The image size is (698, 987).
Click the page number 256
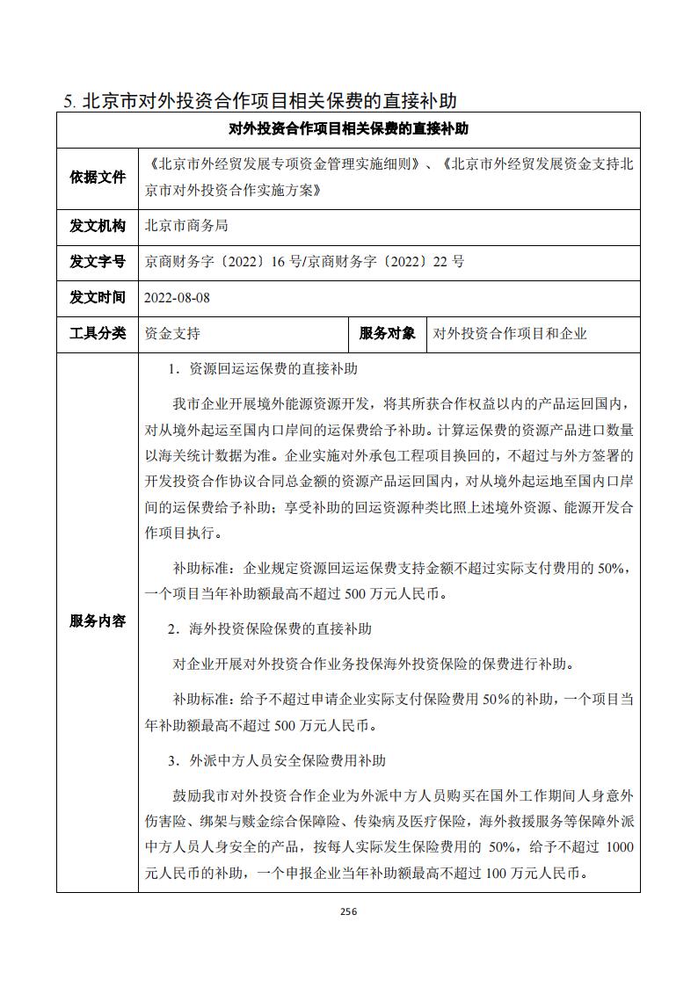[x=349, y=911]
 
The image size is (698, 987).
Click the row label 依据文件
[x=98, y=177]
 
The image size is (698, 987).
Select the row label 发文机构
[x=98, y=226]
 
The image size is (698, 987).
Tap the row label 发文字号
[x=98, y=261]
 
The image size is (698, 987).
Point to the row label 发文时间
[x=98, y=297]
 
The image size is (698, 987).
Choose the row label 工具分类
[x=98, y=333]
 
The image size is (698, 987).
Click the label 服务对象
[x=388, y=333]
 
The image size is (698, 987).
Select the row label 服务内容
[x=98, y=621]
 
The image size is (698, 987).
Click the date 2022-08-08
[x=178, y=298]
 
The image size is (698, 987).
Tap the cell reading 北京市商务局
[x=186, y=226]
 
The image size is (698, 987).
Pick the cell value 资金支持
[x=172, y=334]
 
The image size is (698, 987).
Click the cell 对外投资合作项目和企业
[x=510, y=334]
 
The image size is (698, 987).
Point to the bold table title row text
[x=348, y=129]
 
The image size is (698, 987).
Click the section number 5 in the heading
[x=69, y=100]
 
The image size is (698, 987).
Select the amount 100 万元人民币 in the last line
[x=534, y=874]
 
